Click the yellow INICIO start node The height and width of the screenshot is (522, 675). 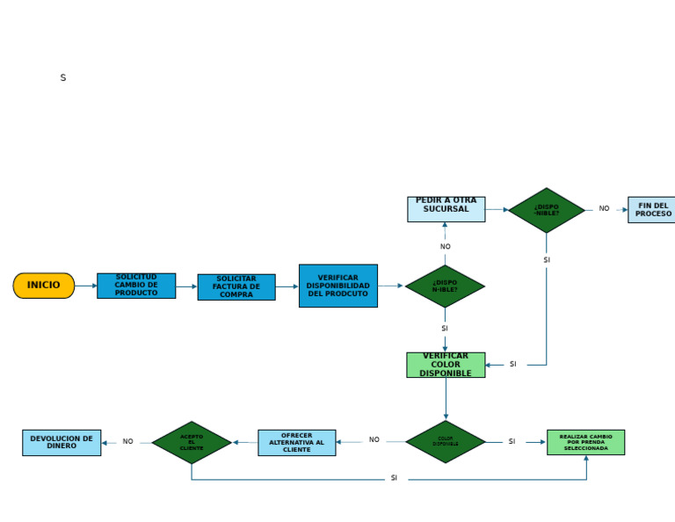click(44, 286)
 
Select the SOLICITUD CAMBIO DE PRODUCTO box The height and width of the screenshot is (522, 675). click(136, 286)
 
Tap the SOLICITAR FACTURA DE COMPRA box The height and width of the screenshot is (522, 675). click(236, 287)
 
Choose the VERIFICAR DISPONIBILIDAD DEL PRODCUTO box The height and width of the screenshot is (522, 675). click(338, 286)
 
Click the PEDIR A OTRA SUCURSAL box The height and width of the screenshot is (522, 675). click(446, 209)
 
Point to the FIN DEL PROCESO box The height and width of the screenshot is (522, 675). click(651, 210)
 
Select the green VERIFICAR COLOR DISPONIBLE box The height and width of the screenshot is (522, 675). click(446, 365)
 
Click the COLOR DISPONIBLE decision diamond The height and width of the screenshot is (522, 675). click(446, 442)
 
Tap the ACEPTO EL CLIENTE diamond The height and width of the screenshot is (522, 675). click(192, 442)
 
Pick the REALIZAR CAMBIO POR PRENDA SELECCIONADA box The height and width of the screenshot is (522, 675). click(585, 442)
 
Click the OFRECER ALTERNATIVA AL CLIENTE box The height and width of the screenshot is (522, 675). click(296, 442)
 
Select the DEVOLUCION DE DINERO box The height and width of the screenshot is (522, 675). click(62, 442)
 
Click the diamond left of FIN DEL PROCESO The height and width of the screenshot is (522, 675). click(547, 210)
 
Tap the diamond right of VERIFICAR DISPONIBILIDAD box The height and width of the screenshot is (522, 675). click(445, 286)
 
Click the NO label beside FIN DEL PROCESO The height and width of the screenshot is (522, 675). click(604, 209)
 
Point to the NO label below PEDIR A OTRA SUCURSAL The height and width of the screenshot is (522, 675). click(445, 247)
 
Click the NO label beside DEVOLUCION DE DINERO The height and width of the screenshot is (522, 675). click(127, 442)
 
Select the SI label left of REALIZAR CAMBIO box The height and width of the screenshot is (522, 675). click(512, 442)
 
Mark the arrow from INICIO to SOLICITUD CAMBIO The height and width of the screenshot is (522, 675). click(86, 286)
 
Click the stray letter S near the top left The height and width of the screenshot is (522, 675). click(62, 78)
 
